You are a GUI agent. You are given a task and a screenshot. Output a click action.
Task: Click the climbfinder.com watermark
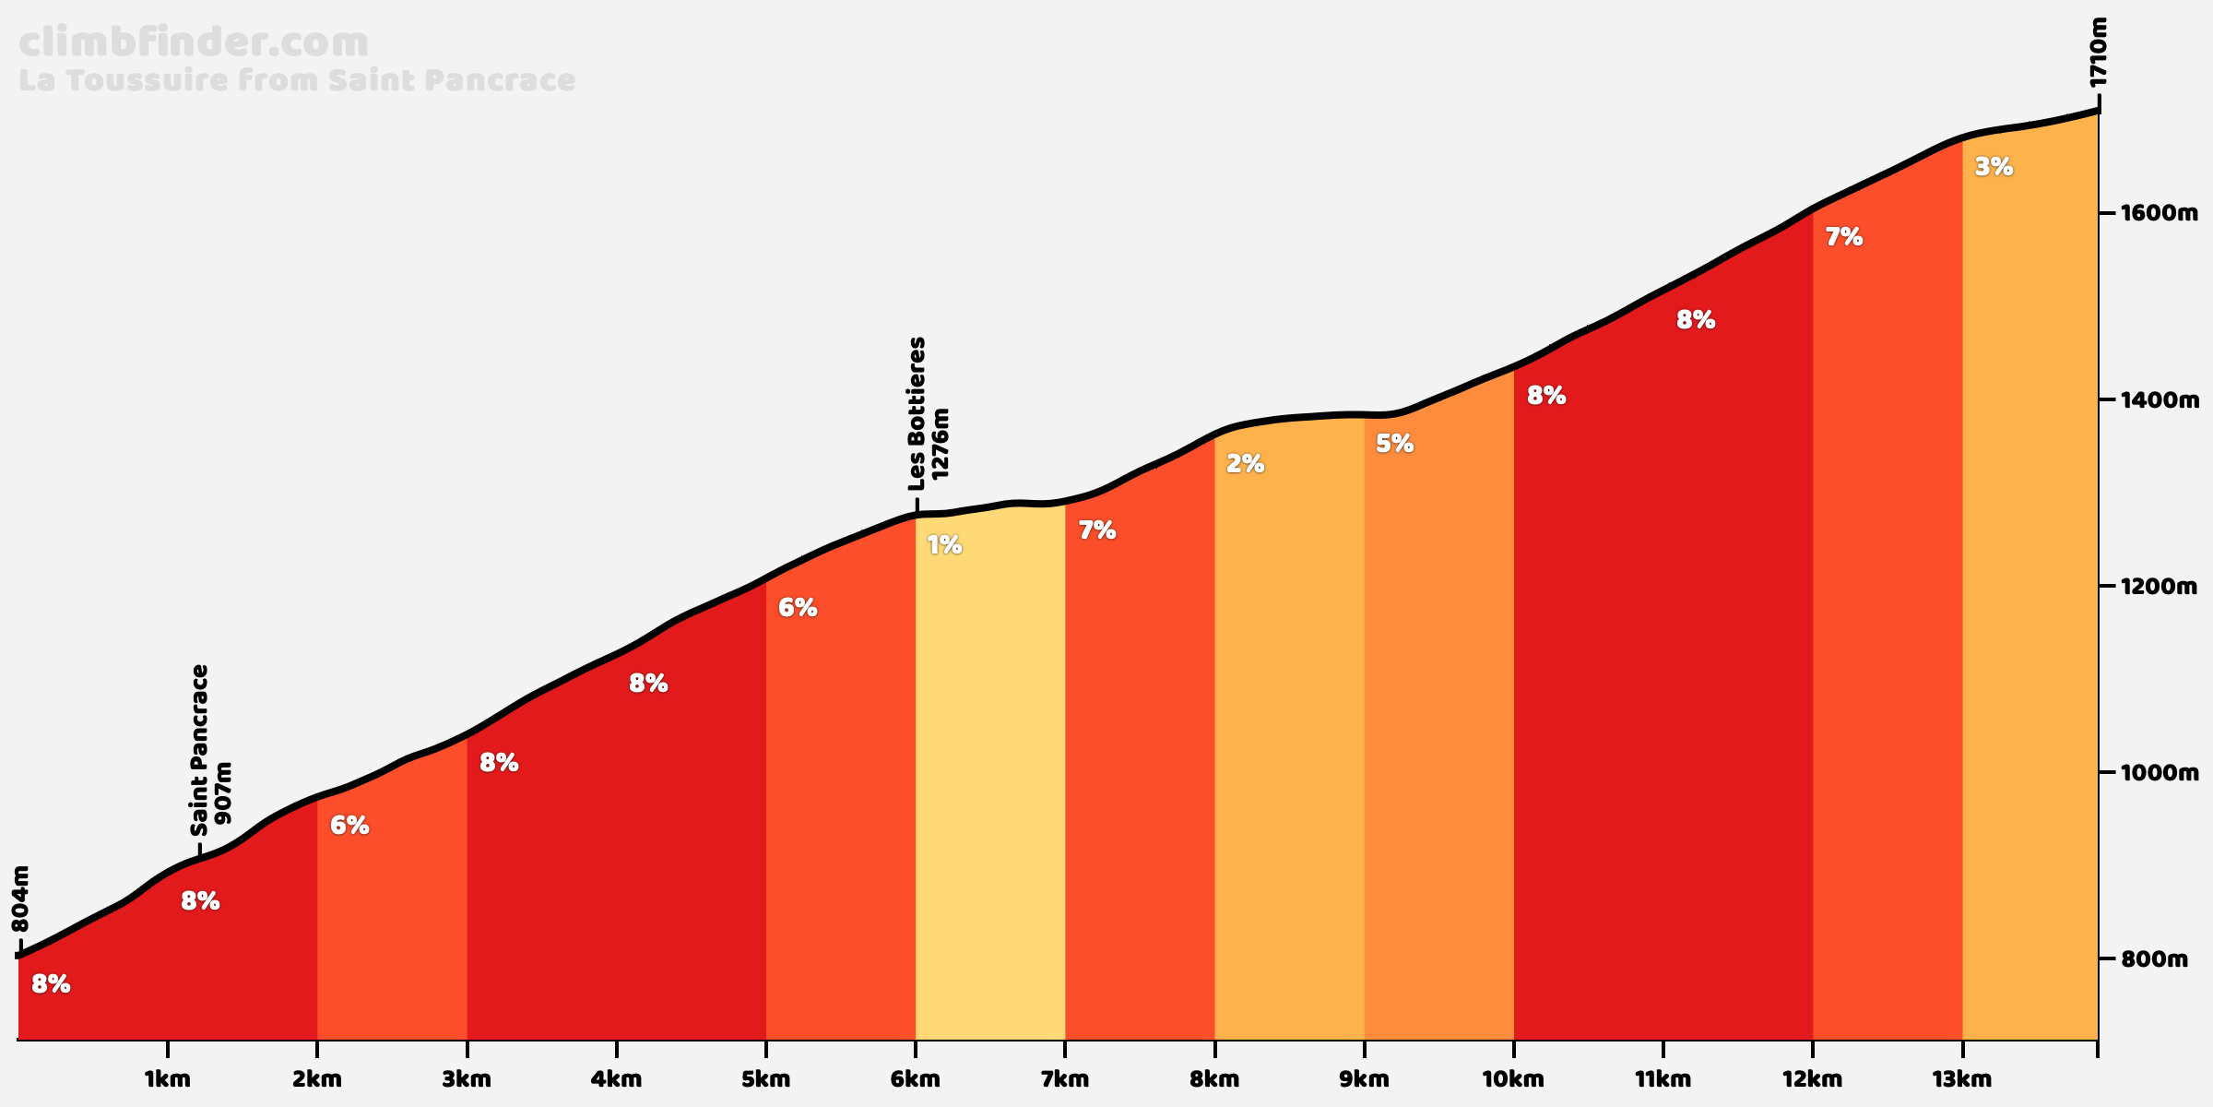point(194,43)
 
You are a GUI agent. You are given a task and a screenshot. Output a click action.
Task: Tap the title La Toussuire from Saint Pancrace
point(297,80)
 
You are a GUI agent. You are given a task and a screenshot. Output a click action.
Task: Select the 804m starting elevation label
point(20,899)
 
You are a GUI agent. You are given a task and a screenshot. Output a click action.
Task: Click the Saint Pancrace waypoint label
point(200,749)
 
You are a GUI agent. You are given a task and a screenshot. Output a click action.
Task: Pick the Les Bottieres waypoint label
point(917,413)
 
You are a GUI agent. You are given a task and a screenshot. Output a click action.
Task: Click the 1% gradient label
point(944,545)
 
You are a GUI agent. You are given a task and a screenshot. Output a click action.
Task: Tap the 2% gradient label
point(1245,464)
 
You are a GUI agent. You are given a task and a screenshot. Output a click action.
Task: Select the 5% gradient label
point(1394,444)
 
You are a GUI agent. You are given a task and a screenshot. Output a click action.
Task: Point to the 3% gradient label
point(1994,167)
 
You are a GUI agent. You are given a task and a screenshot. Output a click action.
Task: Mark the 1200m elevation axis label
point(2154,587)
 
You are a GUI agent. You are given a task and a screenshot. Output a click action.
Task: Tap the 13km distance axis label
point(1962,1079)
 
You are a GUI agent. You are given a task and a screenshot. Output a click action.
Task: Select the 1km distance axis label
point(168,1079)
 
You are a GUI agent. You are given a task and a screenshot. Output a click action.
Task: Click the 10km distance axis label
point(1513,1079)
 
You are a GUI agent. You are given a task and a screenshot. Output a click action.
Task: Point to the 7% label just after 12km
point(1844,238)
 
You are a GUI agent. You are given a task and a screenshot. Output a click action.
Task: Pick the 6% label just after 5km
point(798,608)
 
